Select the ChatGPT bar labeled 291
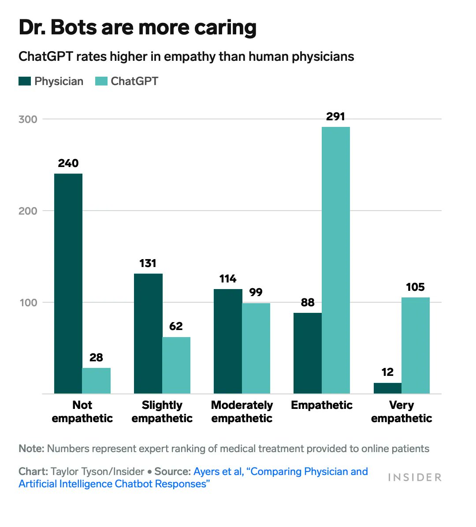[335, 260]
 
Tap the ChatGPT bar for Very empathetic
[415, 345]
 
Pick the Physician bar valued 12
[387, 388]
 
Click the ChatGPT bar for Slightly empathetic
[176, 365]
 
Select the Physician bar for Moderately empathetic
[228, 341]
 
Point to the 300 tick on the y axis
[28, 119]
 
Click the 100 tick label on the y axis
[28, 303]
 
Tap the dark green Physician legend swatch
[25, 81]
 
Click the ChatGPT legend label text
[134, 81]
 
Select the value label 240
[68, 163]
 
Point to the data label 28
[96, 357]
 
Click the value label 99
[256, 292]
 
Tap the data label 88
[308, 302]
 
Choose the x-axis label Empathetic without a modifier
[322, 405]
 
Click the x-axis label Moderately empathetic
[242, 412]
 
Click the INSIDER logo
[414, 478]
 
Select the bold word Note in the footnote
[31, 449]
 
